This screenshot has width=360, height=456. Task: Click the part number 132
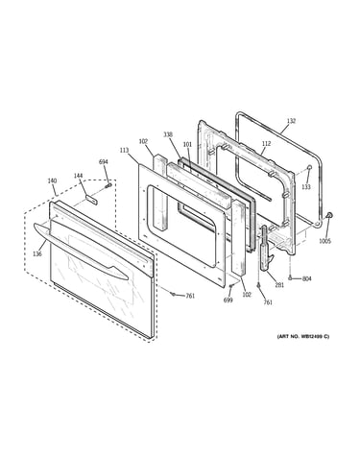pos(291,121)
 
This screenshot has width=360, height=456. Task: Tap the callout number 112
pos(266,143)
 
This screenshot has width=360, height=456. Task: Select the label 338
pos(168,134)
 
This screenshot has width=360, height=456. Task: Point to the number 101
pos(187,144)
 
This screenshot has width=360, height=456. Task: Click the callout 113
pos(125,150)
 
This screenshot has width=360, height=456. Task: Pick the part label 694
pos(104,162)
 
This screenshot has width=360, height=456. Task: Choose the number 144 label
pos(78,176)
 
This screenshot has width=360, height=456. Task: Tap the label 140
pos(52,180)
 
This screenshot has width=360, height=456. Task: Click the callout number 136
pos(37,254)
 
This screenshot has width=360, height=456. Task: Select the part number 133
pos(306,187)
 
